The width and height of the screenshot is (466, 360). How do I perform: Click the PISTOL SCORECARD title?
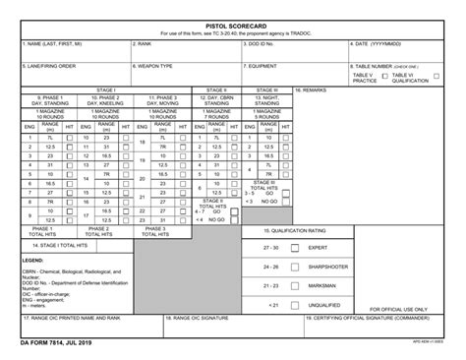[232, 24]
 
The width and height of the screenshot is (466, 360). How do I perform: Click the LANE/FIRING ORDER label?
[49, 66]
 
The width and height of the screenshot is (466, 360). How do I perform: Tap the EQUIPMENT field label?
[263, 66]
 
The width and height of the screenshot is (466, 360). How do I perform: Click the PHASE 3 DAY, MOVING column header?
[162, 101]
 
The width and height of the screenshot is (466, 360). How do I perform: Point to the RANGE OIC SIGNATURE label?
[202, 319]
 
